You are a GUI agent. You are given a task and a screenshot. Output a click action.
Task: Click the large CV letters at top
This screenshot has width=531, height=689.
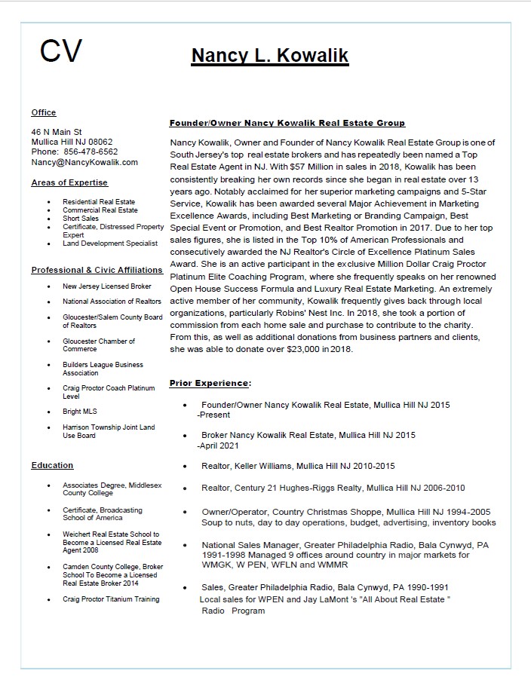click(60, 51)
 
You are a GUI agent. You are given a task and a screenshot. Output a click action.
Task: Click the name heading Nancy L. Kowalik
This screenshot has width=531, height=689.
click(269, 56)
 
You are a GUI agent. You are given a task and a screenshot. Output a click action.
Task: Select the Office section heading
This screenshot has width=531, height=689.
click(44, 112)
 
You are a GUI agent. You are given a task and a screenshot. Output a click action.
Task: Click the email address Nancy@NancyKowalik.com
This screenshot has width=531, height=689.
click(84, 162)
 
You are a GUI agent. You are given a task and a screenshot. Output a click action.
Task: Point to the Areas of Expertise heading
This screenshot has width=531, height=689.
click(69, 182)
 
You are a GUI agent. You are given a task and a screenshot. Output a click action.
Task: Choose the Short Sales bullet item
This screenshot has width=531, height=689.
click(81, 219)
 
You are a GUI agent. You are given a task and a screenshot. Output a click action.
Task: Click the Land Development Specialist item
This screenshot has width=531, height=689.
click(110, 243)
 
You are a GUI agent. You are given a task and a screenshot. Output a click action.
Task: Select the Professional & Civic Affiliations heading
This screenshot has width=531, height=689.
click(97, 270)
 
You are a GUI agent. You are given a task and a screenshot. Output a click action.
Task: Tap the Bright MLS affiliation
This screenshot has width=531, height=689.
click(80, 412)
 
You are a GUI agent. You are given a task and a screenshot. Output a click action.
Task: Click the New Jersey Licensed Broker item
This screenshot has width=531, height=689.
click(106, 286)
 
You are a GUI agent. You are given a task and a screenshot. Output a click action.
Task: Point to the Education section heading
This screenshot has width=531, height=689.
click(52, 465)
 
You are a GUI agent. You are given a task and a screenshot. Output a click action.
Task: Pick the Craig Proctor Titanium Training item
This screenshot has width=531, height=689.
click(111, 599)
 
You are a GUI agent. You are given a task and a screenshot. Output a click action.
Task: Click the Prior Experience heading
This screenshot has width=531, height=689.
click(210, 383)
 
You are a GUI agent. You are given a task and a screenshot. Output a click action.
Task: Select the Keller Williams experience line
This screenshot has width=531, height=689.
click(298, 466)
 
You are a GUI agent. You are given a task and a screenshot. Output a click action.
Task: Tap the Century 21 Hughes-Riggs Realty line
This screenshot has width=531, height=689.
click(333, 488)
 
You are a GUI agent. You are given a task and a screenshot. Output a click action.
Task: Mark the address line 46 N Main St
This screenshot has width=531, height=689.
click(57, 132)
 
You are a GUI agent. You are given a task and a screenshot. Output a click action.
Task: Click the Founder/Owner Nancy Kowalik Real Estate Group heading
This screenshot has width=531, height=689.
click(287, 123)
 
